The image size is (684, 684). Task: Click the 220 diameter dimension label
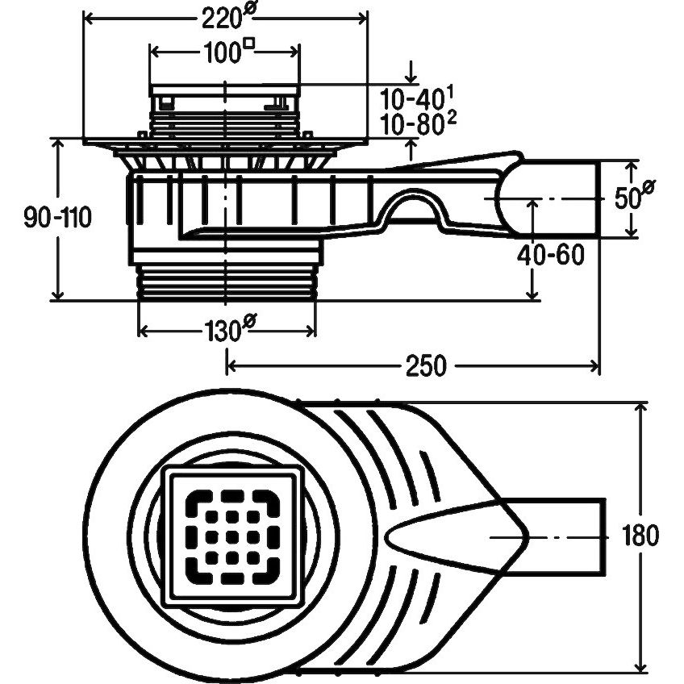tap(227, 18)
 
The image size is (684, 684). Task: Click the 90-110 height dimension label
tap(57, 217)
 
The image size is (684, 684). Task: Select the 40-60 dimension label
tap(551, 255)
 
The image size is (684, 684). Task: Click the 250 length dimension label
tap(426, 365)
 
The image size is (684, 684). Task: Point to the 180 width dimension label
tap(640, 536)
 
